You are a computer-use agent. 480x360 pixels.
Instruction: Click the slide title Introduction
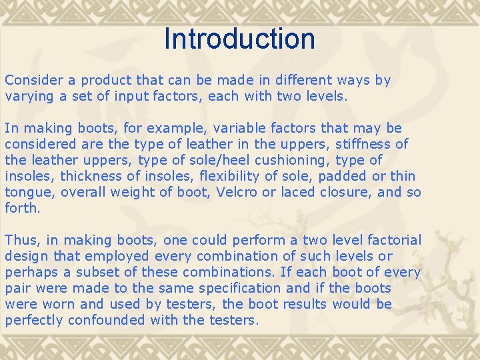(x=239, y=39)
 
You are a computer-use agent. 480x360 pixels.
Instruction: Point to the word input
(x=132, y=96)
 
